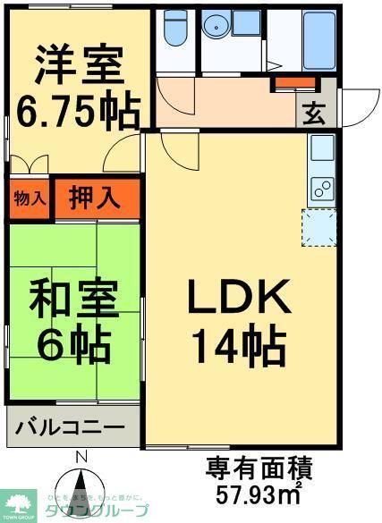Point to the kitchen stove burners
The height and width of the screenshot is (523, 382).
coord(321,189)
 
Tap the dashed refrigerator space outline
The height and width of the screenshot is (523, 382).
coord(321,227)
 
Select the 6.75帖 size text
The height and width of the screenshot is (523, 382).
coord(78,112)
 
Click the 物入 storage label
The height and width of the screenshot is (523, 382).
coord(30,198)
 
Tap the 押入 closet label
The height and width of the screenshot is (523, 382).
coord(95,198)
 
